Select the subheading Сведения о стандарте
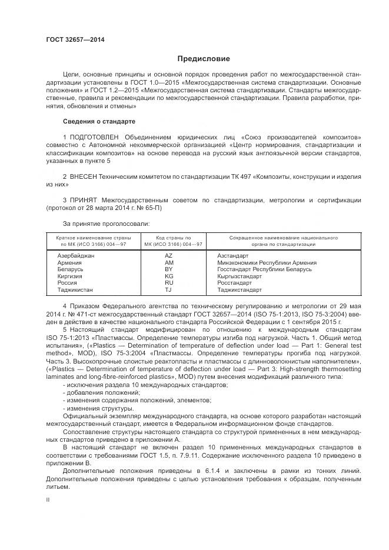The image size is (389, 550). point(99,121)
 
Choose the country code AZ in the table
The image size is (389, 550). point(169,256)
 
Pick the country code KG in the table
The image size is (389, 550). point(169,276)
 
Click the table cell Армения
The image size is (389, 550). point(71,262)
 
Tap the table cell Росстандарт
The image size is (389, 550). point(235,283)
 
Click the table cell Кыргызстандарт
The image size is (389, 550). point(240,276)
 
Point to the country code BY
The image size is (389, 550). point(169,269)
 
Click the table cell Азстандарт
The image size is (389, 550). point(233,256)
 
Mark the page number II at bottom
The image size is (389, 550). point(48,499)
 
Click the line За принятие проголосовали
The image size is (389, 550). point(106,224)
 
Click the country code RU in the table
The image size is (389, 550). point(169,283)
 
